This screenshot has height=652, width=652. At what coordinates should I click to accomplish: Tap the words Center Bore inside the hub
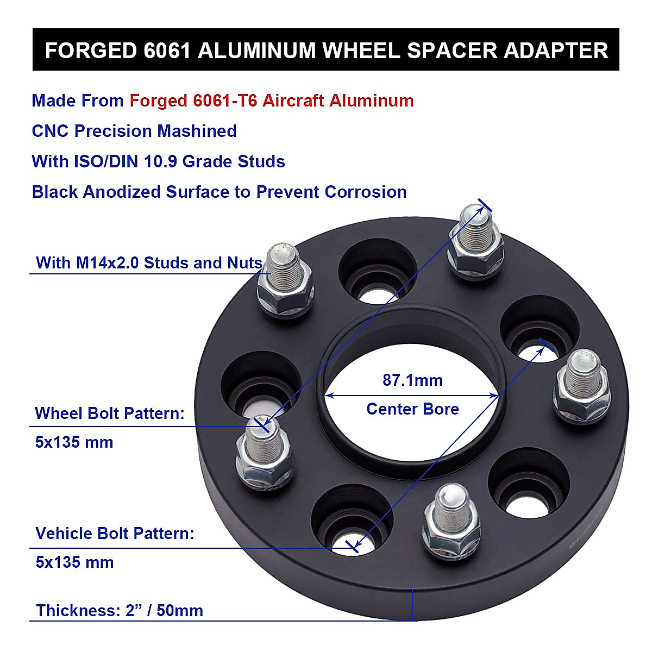[x=412, y=409]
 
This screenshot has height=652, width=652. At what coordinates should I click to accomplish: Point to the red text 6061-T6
[x=225, y=101]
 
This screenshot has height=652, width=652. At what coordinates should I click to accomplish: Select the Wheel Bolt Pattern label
[x=110, y=413]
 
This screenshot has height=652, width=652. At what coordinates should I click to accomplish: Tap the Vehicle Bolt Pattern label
[x=115, y=534]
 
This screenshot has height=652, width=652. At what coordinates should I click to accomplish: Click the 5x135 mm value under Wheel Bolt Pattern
[x=74, y=442]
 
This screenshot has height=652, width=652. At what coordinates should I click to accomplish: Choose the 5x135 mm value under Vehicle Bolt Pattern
[x=74, y=562]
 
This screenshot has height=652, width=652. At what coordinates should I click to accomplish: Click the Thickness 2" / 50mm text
[x=120, y=611]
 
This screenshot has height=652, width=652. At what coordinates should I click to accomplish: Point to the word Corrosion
[x=366, y=192]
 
